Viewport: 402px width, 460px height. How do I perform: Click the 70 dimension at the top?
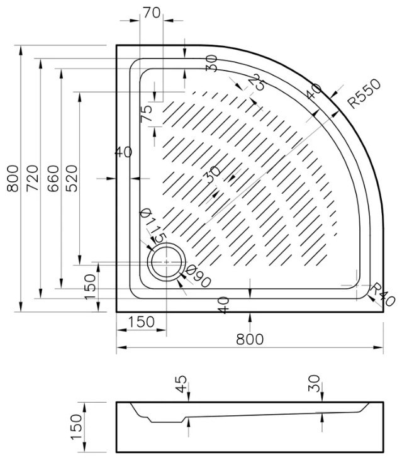point(152,13)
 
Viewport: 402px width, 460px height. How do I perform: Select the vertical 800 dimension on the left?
point(13,178)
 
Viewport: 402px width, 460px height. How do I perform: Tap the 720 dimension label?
point(33,178)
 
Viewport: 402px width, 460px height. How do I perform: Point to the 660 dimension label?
point(53,178)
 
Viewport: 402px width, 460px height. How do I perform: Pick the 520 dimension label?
point(72,178)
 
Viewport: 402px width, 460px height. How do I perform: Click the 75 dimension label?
point(147,113)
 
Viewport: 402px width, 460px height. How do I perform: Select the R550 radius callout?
point(364,93)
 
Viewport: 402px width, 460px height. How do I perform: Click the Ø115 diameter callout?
point(153,225)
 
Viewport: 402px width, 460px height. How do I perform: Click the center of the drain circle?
point(167,262)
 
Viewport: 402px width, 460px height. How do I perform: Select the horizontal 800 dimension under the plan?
point(250,339)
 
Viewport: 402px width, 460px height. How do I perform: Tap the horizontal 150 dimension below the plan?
point(141,322)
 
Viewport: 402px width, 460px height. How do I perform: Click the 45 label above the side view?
point(181,384)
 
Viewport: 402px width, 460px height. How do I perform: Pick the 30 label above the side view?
point(315,383)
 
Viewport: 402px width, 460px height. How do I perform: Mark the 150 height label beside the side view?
point(77,427)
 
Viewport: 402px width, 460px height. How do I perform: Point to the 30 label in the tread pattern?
point(213,174)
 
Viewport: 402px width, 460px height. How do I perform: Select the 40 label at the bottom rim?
point(223,305)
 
